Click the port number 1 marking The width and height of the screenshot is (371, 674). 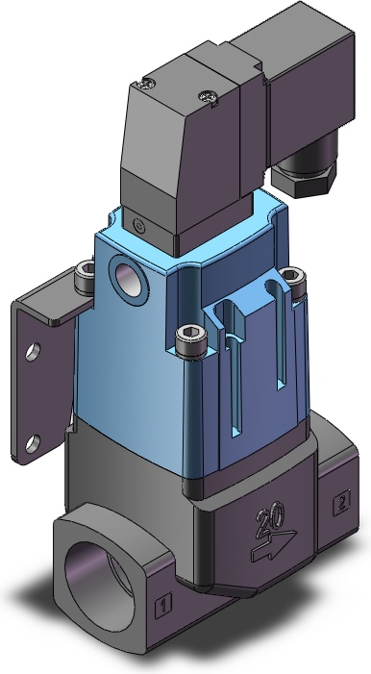pyautogui.click(x=163, y=605)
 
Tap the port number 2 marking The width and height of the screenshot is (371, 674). pyautogui.click(x=341, y=503)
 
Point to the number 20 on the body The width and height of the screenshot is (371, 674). pyautogui.click(x=270, y=517)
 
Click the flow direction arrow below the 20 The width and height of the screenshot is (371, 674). pyautogui.click(x=274, y=546)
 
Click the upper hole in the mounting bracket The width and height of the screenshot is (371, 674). pyautogui.click(x=33, y=352)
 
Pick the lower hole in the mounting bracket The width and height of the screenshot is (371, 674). pyautogui.click(x=33, y=443)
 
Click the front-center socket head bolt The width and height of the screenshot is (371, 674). pyautogui.click(x=191, y=341)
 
